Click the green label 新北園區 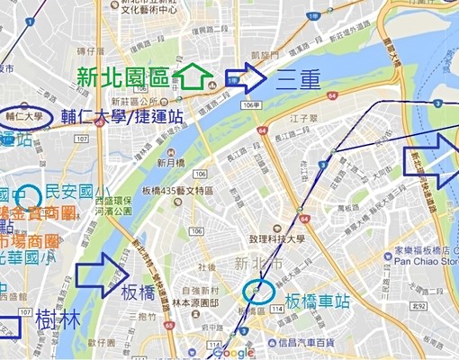tap(121, 76)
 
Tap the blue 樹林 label tap(57, 319)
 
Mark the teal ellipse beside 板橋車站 tap(259, 291)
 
